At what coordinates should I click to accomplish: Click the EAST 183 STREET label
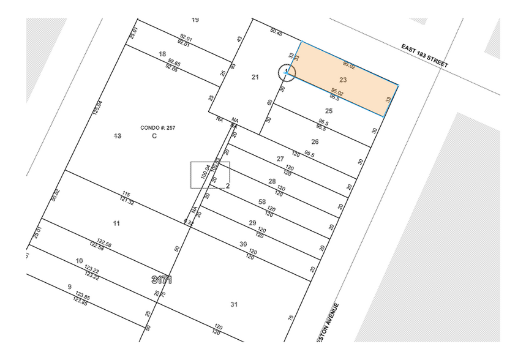point(424,56)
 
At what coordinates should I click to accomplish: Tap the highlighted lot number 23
point(343,80)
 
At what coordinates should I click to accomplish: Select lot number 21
point(255,77)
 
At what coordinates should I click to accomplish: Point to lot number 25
point(329,111)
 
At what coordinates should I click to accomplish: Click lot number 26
point(315,141)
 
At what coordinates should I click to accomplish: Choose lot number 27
point(280,159)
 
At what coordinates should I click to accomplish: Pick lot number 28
point(272,181)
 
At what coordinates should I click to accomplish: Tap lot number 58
point(262,201)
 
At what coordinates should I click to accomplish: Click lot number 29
point(252,222)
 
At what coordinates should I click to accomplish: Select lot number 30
point(243,244)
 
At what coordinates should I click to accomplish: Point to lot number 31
point(233,304)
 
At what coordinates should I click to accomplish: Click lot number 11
point(117,222)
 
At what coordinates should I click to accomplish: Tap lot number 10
point(79,261)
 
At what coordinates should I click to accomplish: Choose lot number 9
point(69,287)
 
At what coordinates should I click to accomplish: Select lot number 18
point(162,54)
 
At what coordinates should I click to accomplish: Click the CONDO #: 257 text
point(154,127)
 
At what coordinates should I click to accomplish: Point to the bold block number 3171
point(162,280)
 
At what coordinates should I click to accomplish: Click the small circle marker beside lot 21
point(287,73)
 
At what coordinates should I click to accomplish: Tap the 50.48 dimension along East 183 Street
point(276,32)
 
